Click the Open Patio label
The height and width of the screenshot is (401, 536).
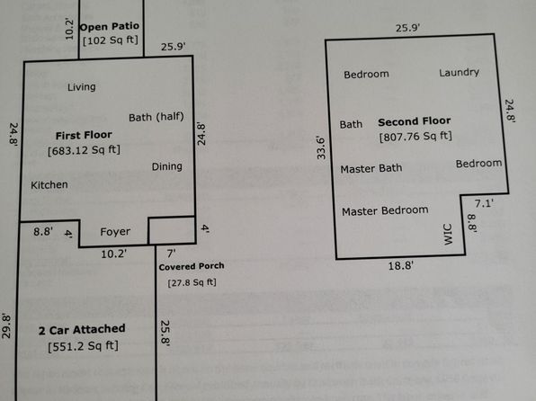tap(110, 27)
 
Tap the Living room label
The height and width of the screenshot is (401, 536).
tap(81, 87)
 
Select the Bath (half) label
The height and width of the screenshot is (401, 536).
tap(156, 117)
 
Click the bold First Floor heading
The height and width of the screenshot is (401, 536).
tap(84, 136)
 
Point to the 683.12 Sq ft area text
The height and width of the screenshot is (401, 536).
tap(85, 150)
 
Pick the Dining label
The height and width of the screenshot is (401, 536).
tap(166, 166)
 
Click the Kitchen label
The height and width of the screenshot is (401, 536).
tap(49, 185)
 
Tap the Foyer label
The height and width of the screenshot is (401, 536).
tap(115, 232)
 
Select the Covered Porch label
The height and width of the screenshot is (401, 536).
tap(192, 266)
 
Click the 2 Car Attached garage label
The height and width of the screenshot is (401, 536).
tap(82, 330)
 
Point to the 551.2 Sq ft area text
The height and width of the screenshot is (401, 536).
tap(83, 346)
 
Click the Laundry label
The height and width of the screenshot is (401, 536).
tap(459, 73)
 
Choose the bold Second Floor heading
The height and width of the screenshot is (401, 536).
tap(415, 121)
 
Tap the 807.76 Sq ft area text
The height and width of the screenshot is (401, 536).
tap(415, 137)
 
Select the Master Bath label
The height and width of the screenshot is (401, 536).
tap(371, 168)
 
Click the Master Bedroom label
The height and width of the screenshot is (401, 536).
tap(385, 210)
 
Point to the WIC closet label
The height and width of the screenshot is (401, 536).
tap(448, 234)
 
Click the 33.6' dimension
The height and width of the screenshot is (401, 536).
tap(321, 147)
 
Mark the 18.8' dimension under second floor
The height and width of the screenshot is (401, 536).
tap(400, 265)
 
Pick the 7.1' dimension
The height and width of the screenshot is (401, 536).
tap(484, 204)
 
